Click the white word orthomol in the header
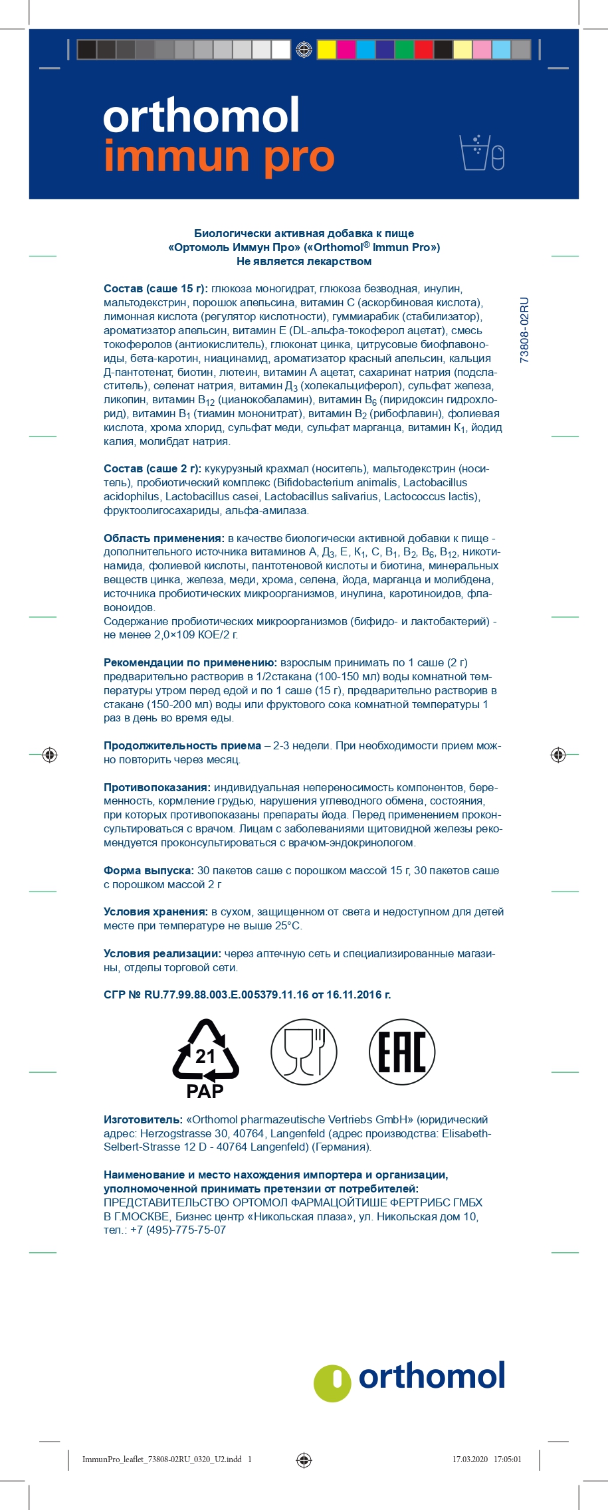[201, 116]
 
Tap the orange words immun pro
[219, 157]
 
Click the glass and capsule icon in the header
[482, 153]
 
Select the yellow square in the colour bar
[326, 49]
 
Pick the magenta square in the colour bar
[346, 49]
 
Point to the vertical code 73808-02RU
[524, 330]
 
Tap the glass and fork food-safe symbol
[304, 1052]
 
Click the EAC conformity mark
[402, 1052]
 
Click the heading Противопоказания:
[157, 787]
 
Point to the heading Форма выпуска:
[149, 870]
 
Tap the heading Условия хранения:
[155, 911]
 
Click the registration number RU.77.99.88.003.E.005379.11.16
[227, 994]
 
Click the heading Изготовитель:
[143, 1119]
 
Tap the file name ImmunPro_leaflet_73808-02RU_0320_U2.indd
[162, 1460]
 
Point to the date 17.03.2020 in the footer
[470, 1460]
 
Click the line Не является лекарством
[304, 261]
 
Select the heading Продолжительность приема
[182, 745]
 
